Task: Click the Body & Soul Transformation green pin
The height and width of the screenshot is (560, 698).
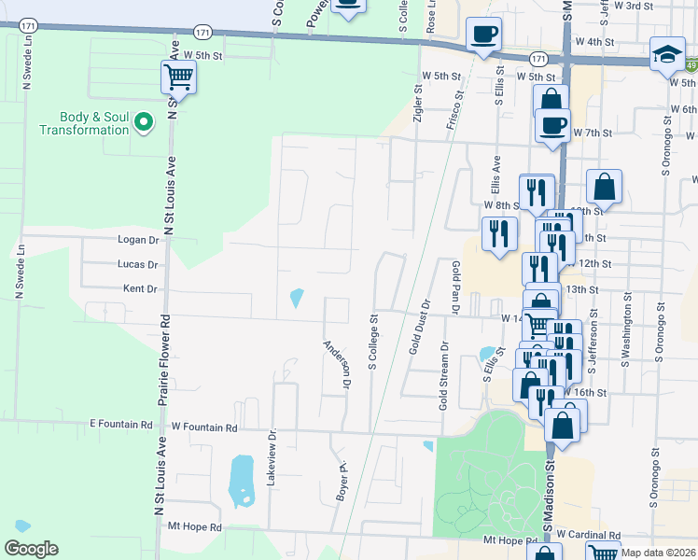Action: [x=144, y=121]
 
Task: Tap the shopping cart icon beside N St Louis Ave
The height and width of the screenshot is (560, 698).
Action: [x=177, y=77]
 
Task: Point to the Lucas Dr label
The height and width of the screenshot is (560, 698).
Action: [x=139, y=265]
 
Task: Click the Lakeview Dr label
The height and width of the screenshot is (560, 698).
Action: [x=272, y=458]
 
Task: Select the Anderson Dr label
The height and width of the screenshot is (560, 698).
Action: [x=336, y=363]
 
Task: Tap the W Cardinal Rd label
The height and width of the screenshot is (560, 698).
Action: [x=591, y=536]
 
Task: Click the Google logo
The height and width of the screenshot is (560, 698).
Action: [x=31, y=549]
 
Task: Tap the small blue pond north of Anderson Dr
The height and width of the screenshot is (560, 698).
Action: [x=297, y=299]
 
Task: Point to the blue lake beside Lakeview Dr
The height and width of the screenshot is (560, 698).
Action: [x=241, y=482]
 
